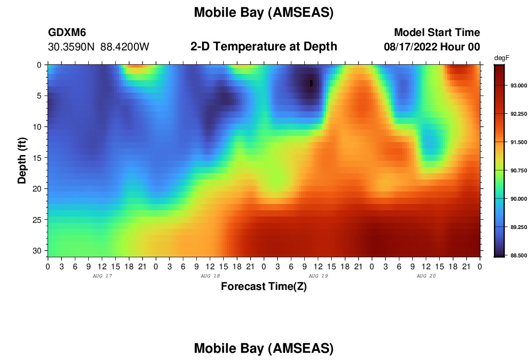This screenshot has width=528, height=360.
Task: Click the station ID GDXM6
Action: tap(67, 32)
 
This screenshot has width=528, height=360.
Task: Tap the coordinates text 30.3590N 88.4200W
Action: tap(98, 47)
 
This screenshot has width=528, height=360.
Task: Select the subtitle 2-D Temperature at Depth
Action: tap(264, 47)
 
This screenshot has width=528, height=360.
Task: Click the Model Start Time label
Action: tap(437, 32)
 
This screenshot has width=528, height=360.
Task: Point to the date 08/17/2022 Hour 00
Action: tap(432, 47)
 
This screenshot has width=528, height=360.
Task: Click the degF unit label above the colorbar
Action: tap(502, 58)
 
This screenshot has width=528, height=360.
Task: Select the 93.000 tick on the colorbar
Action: tap(518, 85)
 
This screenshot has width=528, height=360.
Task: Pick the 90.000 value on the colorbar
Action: tap(518, 199)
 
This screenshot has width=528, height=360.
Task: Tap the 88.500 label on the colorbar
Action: tap(518, 255)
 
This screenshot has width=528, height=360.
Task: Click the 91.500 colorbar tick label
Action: tap(518, 142)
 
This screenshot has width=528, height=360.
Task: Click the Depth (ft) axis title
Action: tap(22, 160)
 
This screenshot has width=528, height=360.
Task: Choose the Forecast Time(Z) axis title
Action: tap(264, 287)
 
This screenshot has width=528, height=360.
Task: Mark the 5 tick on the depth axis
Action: tap(39, 96)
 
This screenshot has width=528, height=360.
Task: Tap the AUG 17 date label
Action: tap(102, 276)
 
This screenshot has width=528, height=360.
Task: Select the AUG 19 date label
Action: tap(318, 276)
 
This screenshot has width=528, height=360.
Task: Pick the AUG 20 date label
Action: tap(426, 276)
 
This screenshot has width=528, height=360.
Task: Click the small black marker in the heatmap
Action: tap(311, 83)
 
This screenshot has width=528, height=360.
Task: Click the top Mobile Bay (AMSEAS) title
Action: tap(264, 12)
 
